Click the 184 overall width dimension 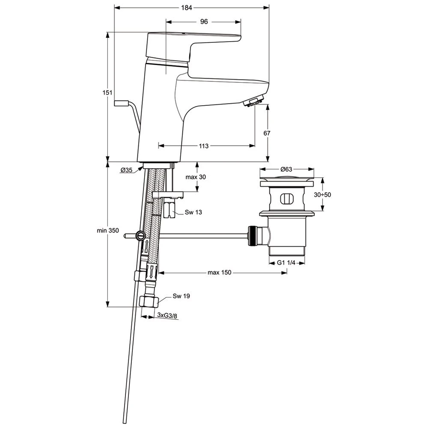coord(187,8)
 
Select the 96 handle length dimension coord(204,21)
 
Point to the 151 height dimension coord(107,92)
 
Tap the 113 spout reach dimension coord(204,146)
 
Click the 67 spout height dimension coord(267,133)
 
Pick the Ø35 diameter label coord(127,170)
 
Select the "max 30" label coord(196,177)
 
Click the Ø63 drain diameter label coord(286,169)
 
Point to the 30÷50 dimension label coord(322,195)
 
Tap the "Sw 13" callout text coord(193,212)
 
